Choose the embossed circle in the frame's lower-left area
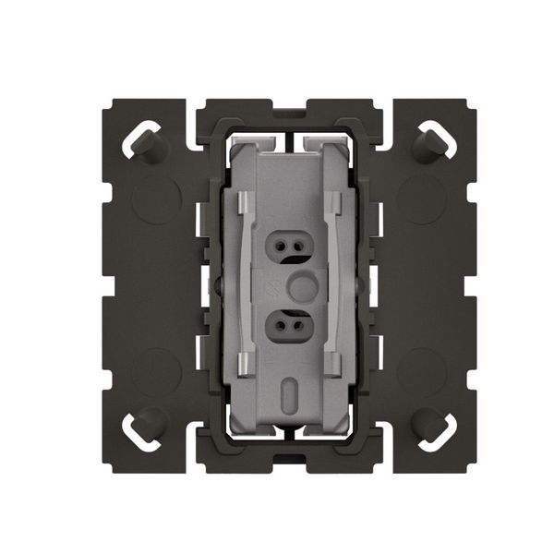153,369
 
